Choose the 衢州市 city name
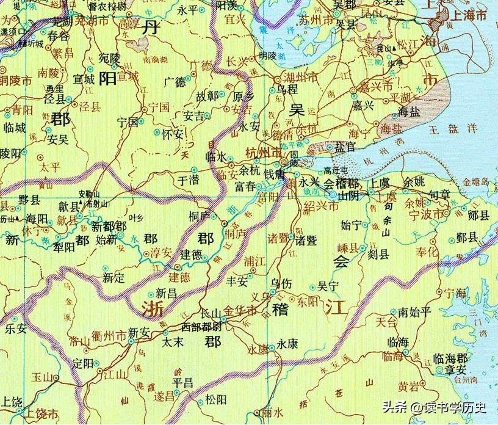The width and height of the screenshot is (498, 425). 107,334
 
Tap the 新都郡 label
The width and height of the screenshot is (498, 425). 109,226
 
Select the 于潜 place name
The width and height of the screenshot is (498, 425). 188,181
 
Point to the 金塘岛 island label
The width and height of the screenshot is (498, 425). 477,182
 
